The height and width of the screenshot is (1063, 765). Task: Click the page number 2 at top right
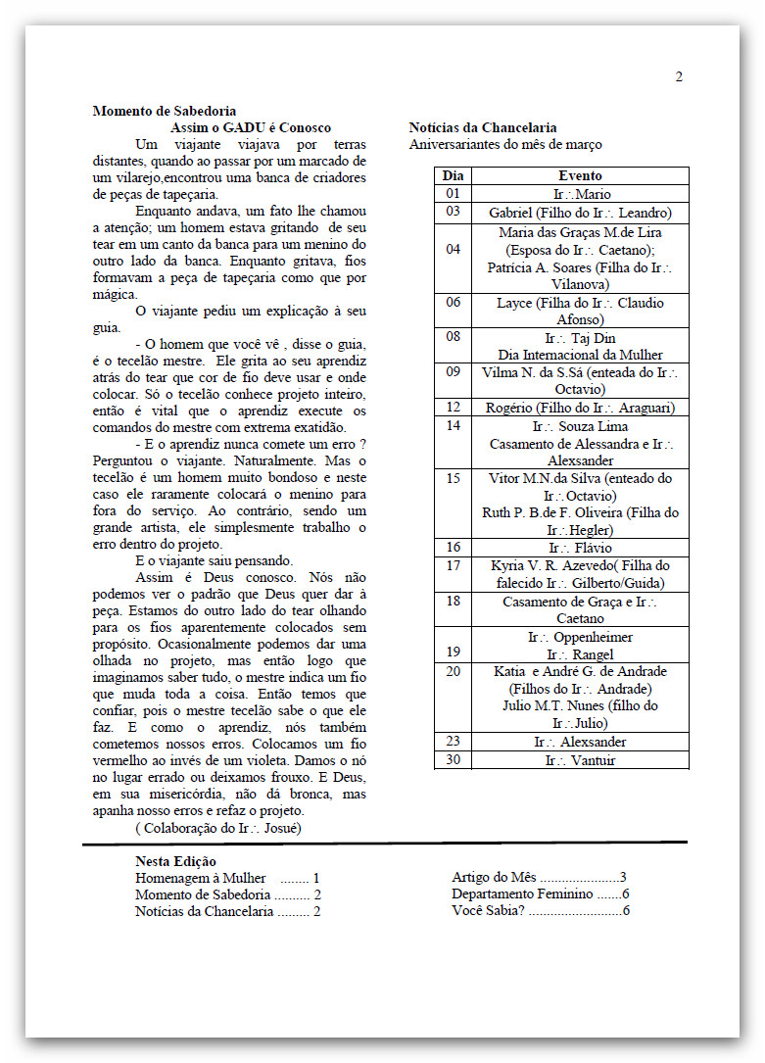point(679,77)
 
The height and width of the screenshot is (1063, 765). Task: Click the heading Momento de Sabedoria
point(164,111)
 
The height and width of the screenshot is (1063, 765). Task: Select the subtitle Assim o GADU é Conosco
point(251,127)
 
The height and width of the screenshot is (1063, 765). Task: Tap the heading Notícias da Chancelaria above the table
point(483,127)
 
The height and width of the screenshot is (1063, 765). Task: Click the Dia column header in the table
point(453,175)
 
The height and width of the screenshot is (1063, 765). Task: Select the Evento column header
point(580,175)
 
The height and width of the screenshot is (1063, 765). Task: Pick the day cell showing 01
point(453,194)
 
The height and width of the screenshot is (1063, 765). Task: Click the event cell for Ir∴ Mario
point(580,194)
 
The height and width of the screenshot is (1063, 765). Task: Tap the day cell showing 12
point(453,408)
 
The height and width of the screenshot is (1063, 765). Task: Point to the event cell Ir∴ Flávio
point(580,548)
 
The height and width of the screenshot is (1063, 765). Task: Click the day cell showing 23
point(453,742)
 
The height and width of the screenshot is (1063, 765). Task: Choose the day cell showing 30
point(453,760)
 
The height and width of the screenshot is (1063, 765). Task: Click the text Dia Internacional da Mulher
point(580,355)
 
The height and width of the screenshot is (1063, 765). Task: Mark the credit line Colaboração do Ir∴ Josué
point(218,828)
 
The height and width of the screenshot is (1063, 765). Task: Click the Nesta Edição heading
point(175,861)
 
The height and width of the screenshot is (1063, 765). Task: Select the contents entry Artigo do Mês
point(495,877)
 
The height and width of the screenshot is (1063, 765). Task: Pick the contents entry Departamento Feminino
point(522,894)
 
